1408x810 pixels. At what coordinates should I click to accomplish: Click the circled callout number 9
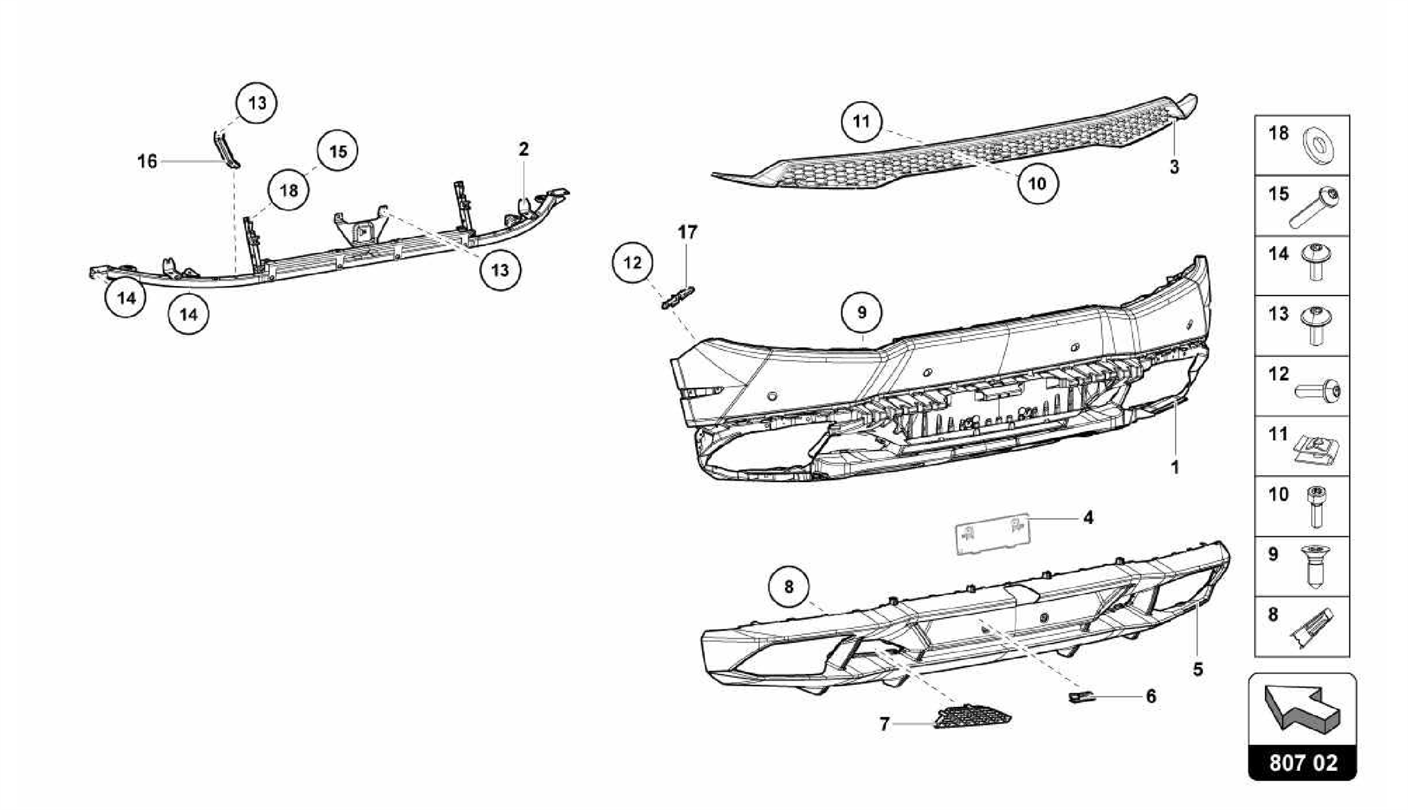coord(861,313)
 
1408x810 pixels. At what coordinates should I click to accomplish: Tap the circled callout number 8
coord(789,587)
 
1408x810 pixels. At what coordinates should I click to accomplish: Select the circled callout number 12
coord(632,262)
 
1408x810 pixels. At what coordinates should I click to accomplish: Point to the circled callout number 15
coord(338,151)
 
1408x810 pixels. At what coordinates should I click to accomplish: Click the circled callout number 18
coord(289,190)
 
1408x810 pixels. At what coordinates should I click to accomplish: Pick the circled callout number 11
coord(861,122)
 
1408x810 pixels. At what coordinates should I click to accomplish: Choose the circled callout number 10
coord(1037,184)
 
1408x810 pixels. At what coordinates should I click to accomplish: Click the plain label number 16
coord(147,162)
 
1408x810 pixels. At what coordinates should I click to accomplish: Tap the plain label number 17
coord(687,232)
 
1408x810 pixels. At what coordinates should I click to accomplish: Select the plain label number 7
coord(884,724)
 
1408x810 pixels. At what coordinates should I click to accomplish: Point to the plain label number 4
coord(1088,517)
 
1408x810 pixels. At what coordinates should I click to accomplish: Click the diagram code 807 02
coord(1303,763)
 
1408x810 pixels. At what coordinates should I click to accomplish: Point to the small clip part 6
coord(1079,698)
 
